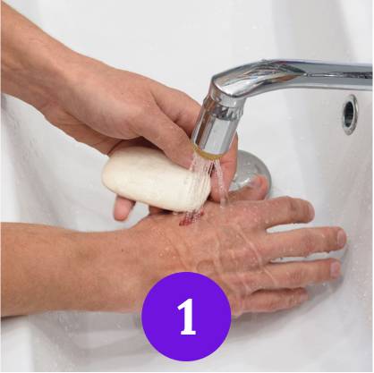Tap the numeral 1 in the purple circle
pos(186,318)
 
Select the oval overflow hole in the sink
pos(349,114)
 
